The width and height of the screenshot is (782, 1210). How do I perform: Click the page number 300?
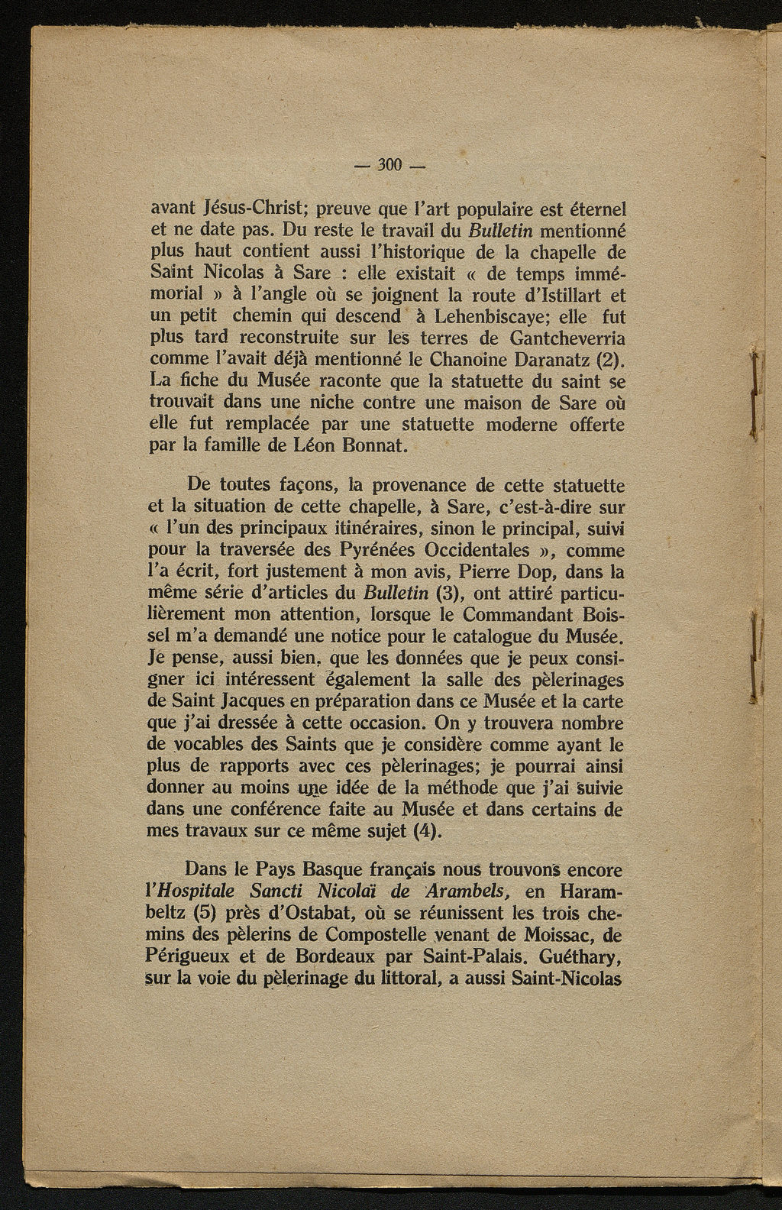[x=390, y=165]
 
